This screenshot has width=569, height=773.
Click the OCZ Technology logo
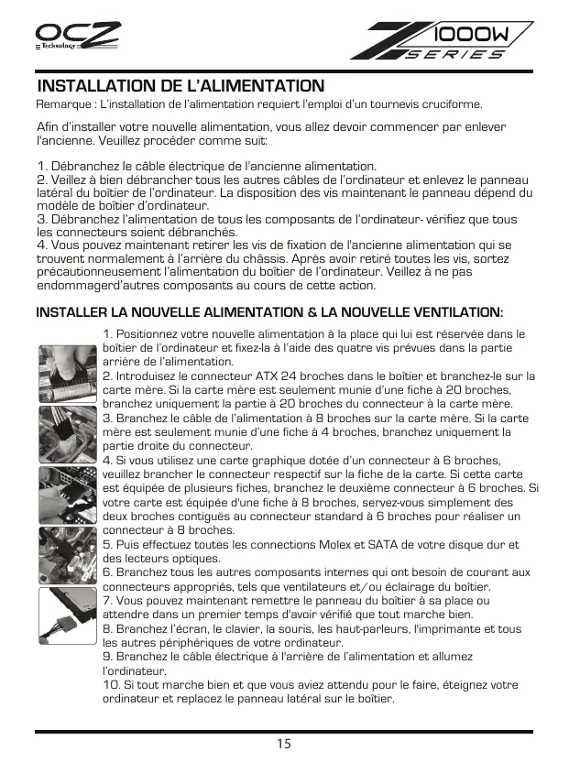tap(77, 39)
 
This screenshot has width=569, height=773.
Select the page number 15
tap(284, 743)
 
